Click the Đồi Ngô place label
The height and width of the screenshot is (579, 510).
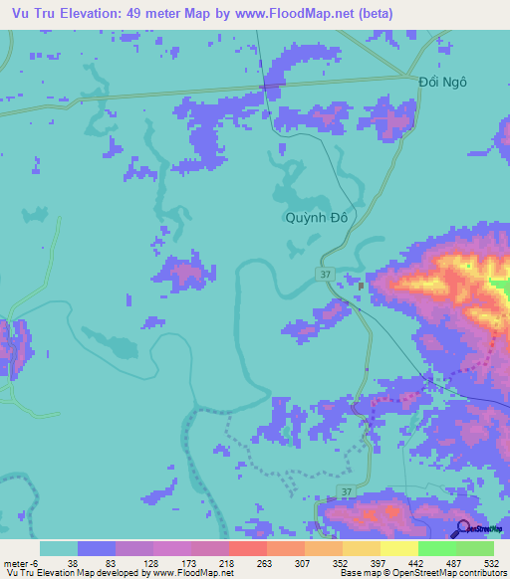coord(442,83)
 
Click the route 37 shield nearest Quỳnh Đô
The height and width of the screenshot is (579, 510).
coord(326,274)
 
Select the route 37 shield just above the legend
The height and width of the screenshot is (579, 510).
coord(345,493)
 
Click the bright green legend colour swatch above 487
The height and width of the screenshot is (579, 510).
coord(436,549)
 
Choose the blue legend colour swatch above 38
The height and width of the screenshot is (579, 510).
coord(97,549)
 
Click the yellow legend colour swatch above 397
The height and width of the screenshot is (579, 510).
coord(361,549)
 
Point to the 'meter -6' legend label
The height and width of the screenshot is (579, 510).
coord(19,564)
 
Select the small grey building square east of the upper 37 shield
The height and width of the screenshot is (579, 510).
coord(362,287)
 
